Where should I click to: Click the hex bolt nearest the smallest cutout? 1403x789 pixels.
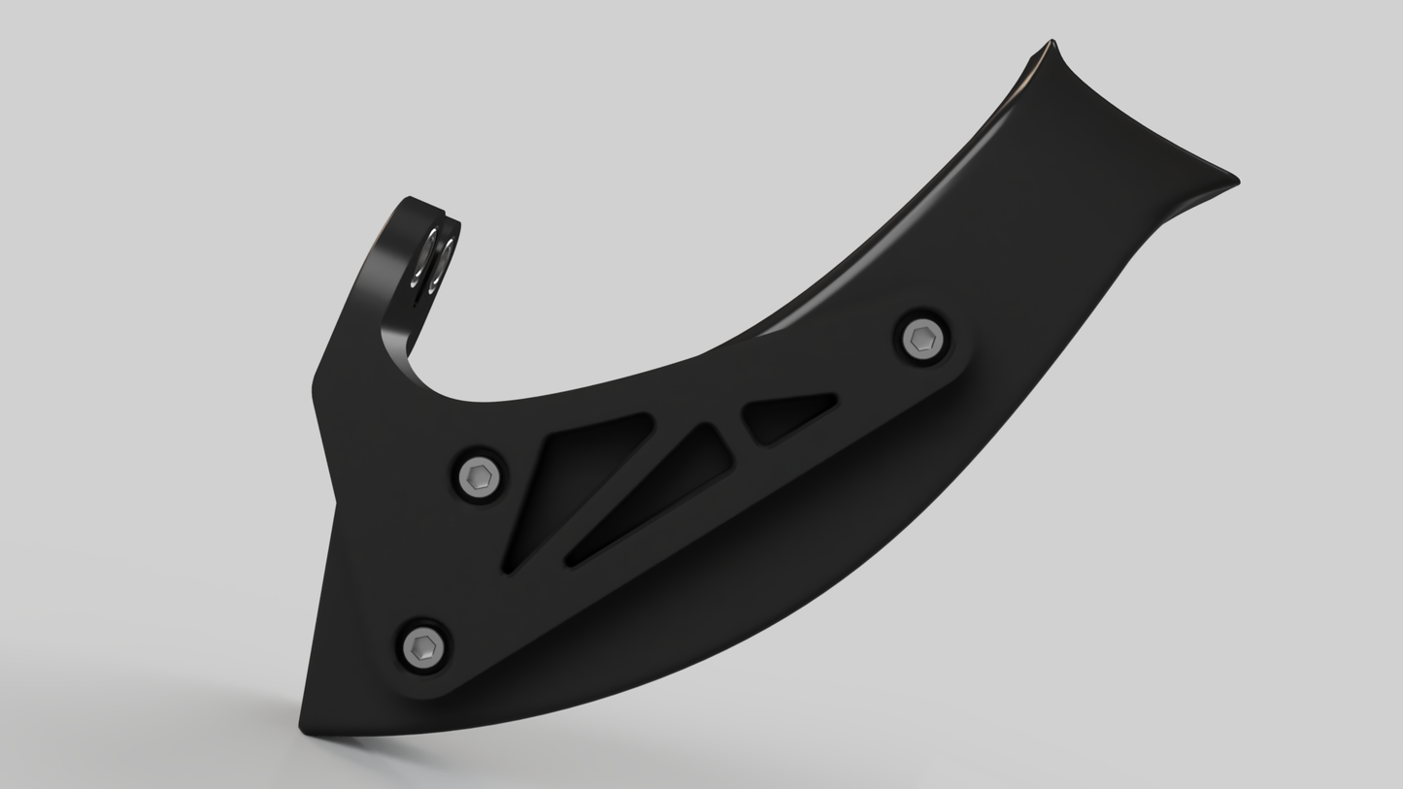[921, 339]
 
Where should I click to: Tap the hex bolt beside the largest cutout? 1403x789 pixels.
[479, 476]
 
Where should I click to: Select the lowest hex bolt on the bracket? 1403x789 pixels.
[424, 646]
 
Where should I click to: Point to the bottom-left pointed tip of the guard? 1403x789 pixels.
[302, 726]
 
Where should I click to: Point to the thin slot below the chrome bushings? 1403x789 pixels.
[418, 297]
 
